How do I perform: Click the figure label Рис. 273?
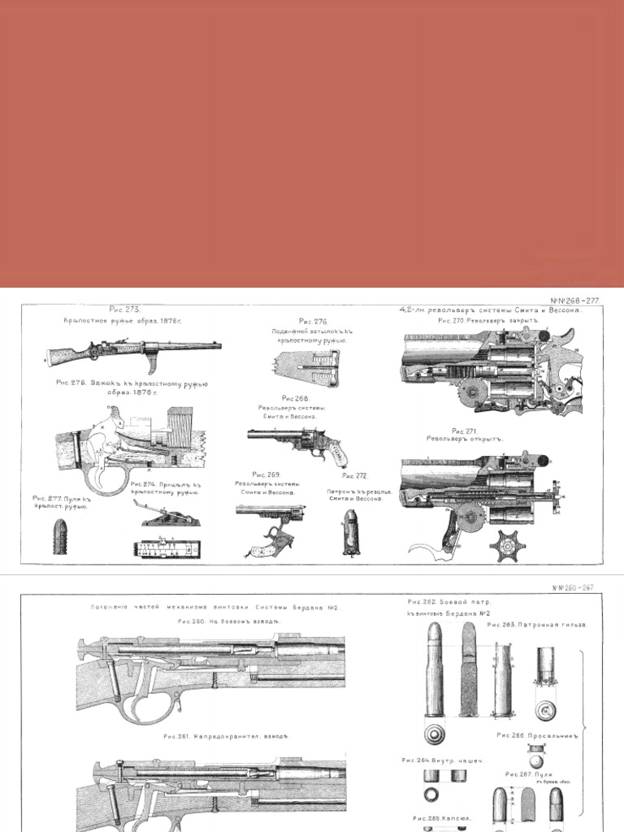click(125, 310)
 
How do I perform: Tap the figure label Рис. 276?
click(313, 322)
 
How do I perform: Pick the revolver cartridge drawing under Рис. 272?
click(350, 531)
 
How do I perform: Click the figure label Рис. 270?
click(452, 321)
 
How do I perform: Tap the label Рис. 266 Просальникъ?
click(539, 737)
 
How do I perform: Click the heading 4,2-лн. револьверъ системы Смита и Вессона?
click(490, 310)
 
